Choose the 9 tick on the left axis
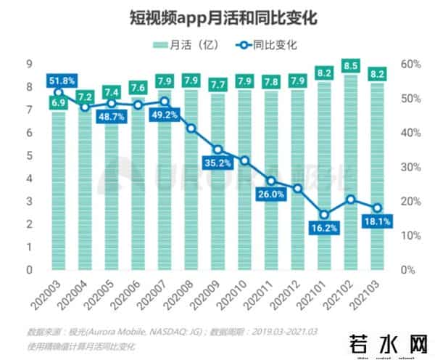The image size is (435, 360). pos(28,64)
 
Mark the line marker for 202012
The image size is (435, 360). pos(297,189)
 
